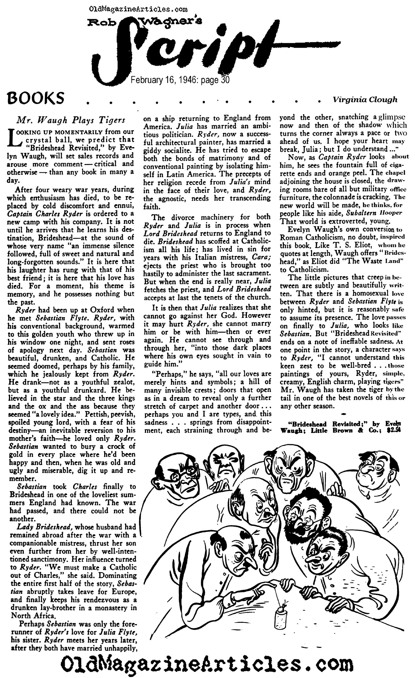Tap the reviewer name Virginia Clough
365,100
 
